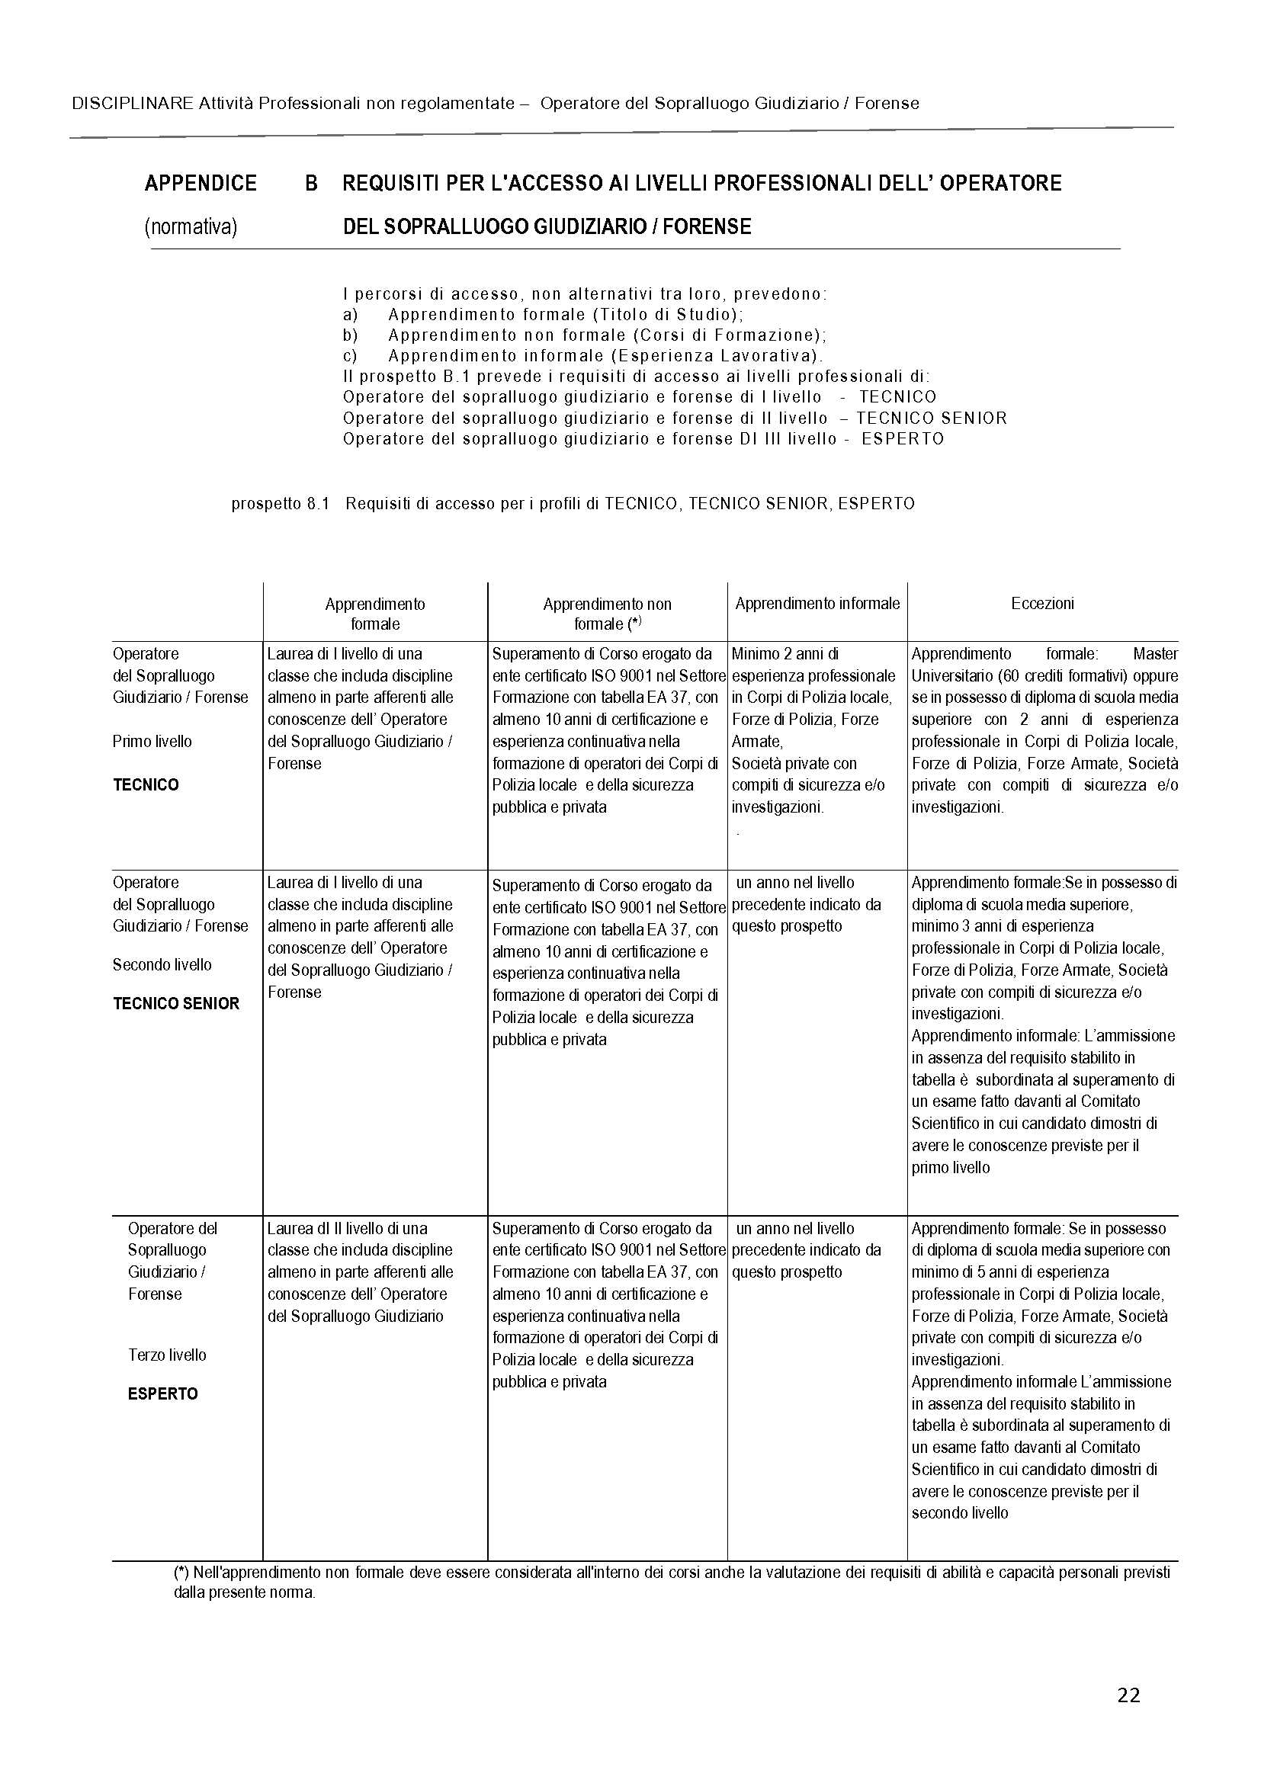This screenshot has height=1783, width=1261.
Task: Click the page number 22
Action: click(1128, 1695)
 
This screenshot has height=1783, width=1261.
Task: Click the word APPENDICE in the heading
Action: click(201, 183)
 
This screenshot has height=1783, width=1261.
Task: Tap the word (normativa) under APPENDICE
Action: click(191, 226)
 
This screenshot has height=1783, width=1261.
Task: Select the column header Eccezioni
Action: click(1042, 604)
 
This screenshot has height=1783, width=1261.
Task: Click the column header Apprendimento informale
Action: click(817, 604)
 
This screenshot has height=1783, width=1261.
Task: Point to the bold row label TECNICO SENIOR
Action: click(176, 1004)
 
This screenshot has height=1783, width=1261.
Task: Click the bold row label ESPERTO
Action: click(163, 1394)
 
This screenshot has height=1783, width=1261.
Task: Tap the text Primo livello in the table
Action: click(152, 742)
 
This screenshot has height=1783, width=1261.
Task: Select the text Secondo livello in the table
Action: click(162, 965)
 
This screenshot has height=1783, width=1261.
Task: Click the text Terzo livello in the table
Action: click(167, 1355)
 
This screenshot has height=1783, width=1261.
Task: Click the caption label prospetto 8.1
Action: click(281, 504)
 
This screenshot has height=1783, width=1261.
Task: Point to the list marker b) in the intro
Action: click(349, 335)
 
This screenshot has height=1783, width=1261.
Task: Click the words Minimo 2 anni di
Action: click(785, 654)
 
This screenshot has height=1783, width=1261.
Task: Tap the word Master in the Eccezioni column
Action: click(1155, 654)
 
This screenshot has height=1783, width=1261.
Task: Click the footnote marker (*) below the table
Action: click(181, 1573)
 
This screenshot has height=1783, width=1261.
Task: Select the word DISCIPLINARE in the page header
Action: click(132, 103)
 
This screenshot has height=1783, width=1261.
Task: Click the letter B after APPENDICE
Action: click(310, 183)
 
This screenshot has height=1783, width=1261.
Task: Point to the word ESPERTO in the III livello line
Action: click(902, 439)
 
